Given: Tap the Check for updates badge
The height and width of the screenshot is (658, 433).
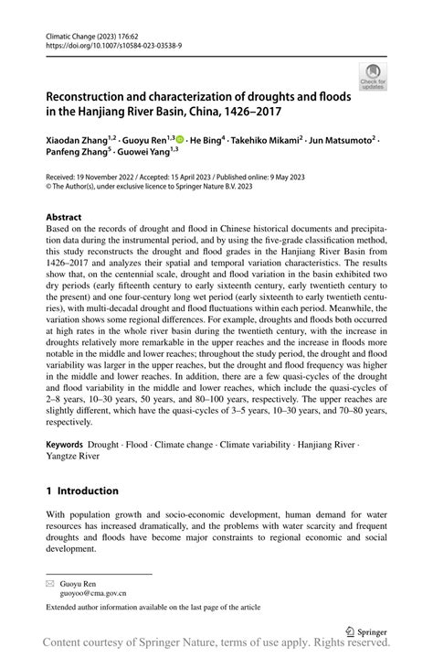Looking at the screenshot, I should click(x=371, y=78).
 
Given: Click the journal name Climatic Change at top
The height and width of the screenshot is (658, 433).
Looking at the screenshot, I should click(x=71, y=32).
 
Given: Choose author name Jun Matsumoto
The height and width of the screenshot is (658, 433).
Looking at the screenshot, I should click(x=345, y=140).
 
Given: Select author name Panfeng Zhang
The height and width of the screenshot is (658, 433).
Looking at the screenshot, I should click(x=79, y=155).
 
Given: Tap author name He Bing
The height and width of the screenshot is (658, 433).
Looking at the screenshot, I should click(x=207, y=140).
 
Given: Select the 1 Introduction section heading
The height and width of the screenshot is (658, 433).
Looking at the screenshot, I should click(x=88, y=491).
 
